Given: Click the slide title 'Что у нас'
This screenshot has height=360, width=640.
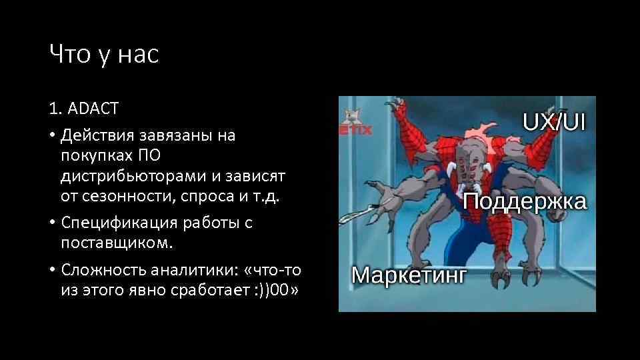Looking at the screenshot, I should [x=104, y=55].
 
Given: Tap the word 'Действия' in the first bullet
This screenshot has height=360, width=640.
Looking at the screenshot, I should [x=98, y=136].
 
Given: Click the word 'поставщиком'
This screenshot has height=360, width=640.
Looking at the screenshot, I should [x=116, y=243].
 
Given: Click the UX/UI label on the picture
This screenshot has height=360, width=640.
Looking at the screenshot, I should [x=553, y=122].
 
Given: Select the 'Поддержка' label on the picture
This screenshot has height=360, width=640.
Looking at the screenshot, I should [x=525, y=201].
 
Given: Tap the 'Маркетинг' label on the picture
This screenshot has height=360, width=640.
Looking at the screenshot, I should [x=409, y=275].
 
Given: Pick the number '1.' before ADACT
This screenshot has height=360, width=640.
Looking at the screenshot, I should [x=55, y=109].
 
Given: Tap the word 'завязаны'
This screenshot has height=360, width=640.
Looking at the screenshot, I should [x=175, y=136].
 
